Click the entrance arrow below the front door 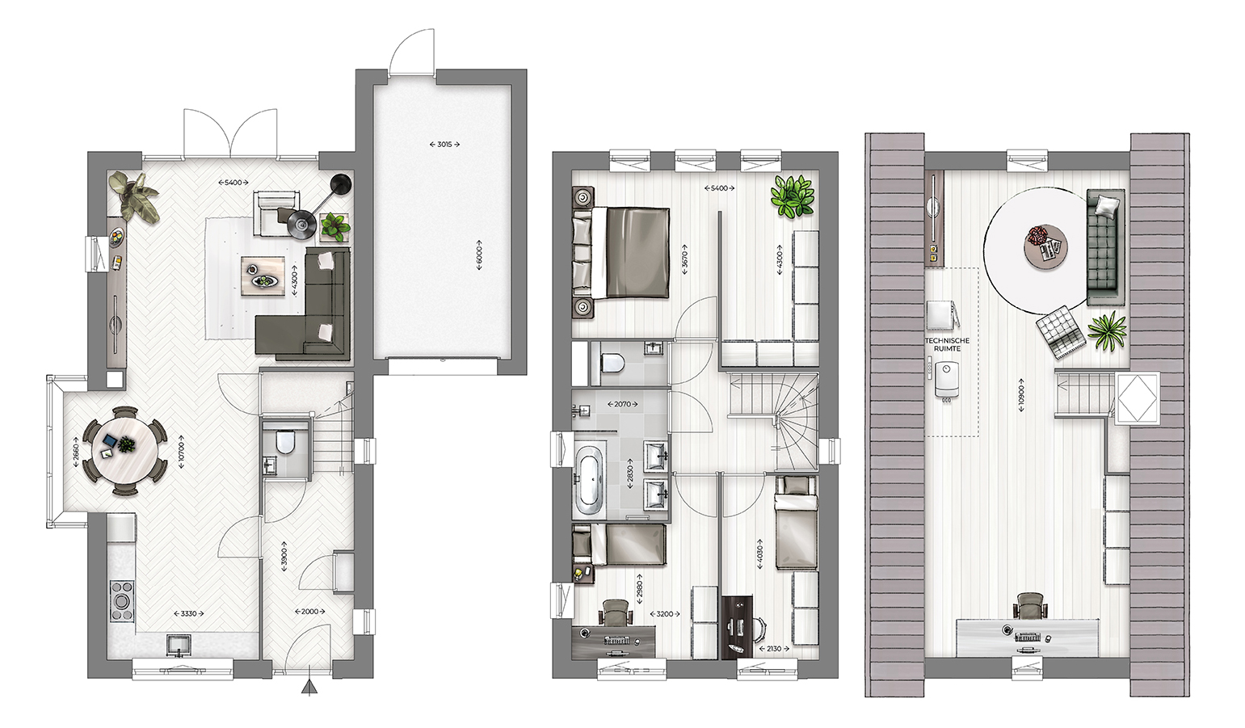(x=308, y=688)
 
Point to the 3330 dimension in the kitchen (x=187, y=614)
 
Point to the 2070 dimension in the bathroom (x=622, y=404)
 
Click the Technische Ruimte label (x=947, y=344)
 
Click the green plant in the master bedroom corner (x=792, y=196)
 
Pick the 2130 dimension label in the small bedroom (x=773, y=649)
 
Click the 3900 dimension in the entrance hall (x=284, y=557)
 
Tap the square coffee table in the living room (x=263, y=275)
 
